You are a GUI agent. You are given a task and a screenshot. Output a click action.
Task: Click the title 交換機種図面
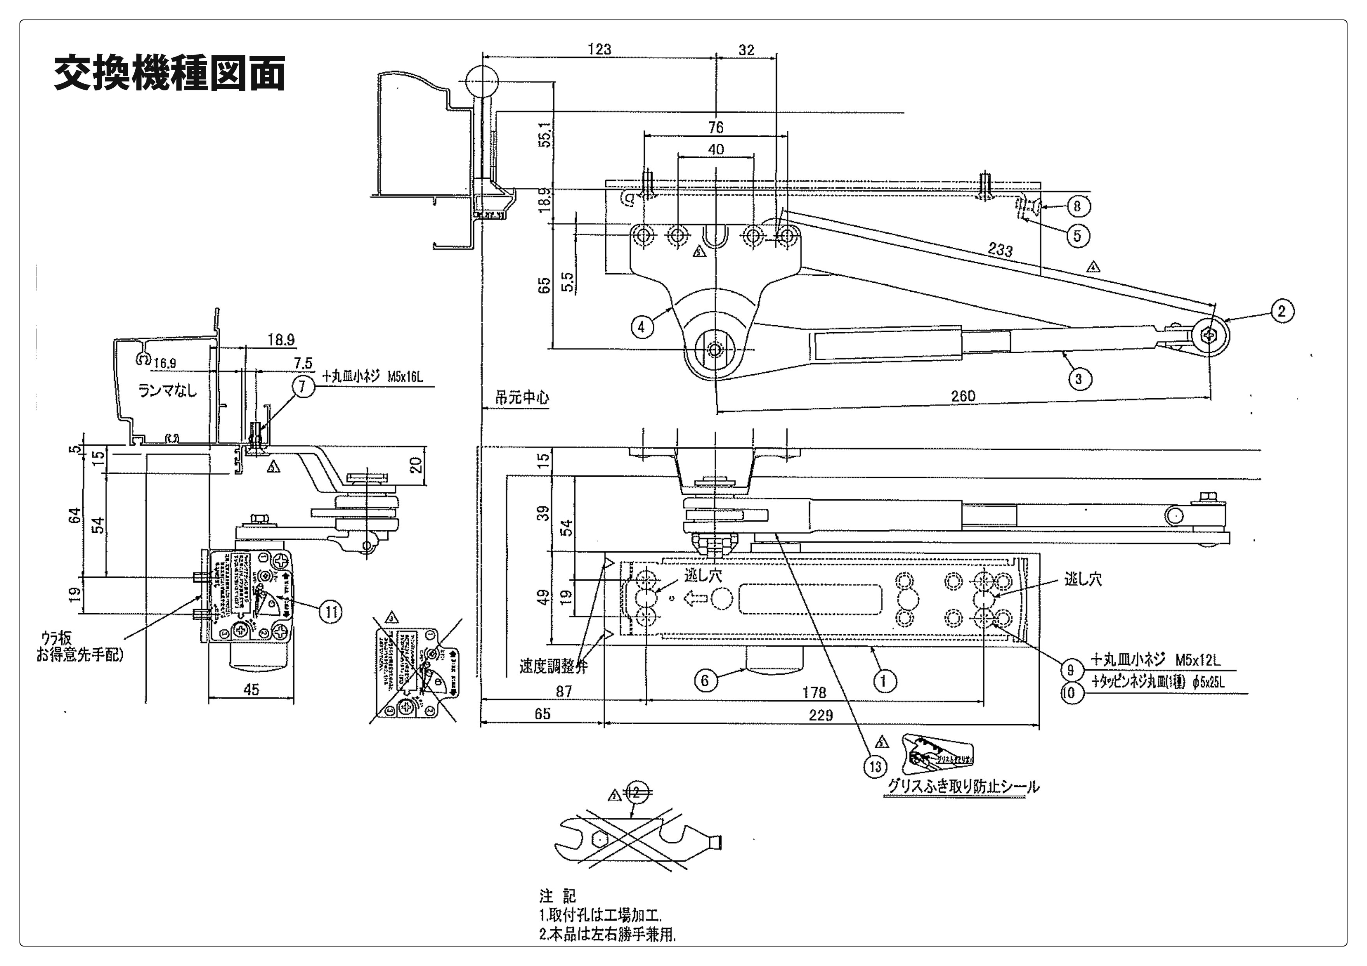pyautogui.click(x=170, y=73)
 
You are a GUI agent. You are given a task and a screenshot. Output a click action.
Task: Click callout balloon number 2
pyautogui.click(x=1282, y=311)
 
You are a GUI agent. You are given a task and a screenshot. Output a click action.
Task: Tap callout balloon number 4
pyautogui.click(x=641, y=327)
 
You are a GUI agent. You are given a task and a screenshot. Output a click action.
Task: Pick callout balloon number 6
pyautogui.click(x=705, y=680)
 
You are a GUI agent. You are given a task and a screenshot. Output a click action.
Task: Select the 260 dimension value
pyautogui.click(x=963, y=396)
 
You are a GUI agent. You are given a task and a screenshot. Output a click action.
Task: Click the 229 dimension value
pyautogui.click(x=820, y=715)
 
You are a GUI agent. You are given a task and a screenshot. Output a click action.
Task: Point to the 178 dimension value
pyautogui.click(x=814, y=692)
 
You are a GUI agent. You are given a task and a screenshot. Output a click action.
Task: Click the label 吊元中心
pyautogui.click(x=522, y=398)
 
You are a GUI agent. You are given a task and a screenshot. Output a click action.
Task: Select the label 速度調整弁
pyautogui.click(x=553, y=666)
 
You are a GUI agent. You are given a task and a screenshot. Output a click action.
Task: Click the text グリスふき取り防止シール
pyautogui.click(x=963, y=787)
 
